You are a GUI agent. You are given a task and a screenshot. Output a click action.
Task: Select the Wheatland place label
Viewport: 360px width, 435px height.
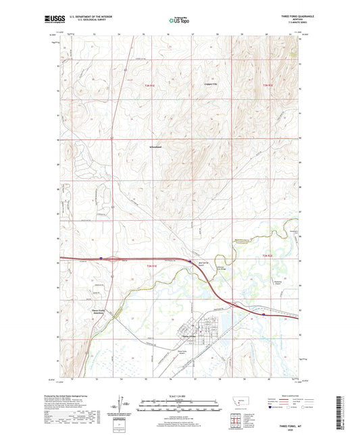tap(158, 146)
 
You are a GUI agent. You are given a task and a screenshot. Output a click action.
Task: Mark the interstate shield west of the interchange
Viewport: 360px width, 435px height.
tap(101, 257)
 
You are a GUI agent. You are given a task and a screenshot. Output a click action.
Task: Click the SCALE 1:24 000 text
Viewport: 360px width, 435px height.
tap(180, 396)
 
